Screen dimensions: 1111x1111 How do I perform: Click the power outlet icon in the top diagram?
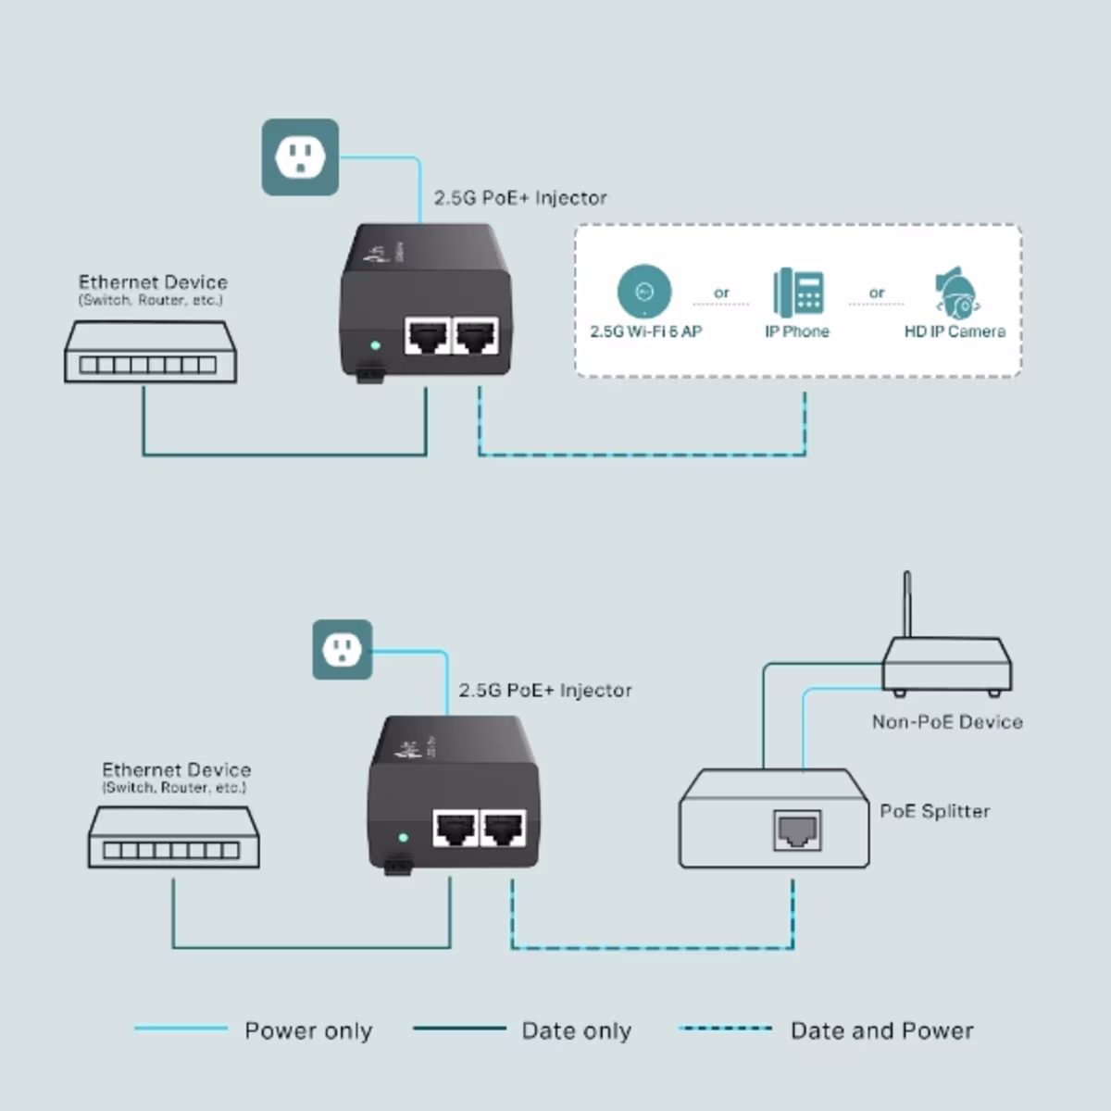point(300,157)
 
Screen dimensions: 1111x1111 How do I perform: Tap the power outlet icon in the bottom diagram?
point(343,650)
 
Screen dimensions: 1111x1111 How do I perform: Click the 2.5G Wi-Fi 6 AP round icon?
point(644,292)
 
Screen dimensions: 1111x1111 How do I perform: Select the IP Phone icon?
point(798,292)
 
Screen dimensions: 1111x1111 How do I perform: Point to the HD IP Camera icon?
point(956,293)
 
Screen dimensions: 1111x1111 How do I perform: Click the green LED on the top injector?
point(375,345)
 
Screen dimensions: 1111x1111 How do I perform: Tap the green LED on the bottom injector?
point(404,838)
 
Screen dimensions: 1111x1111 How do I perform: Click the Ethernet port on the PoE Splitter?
point(797,830)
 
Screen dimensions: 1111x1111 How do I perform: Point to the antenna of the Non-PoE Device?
point(907,604)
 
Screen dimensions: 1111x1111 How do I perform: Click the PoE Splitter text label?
point(934,811)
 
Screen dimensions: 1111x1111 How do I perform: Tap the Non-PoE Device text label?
point(947,722)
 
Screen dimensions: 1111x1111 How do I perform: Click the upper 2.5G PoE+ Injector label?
point(520,198)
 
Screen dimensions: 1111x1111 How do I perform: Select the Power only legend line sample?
point(181,1028)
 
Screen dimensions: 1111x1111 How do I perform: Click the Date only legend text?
point(576,1030)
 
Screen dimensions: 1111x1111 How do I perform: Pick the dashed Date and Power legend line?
point(725,1028)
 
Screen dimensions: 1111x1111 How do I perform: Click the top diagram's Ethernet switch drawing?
point(150,354)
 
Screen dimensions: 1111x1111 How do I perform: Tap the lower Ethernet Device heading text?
point(176,769)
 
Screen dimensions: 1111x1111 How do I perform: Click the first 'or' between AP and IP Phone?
point(721,293)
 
